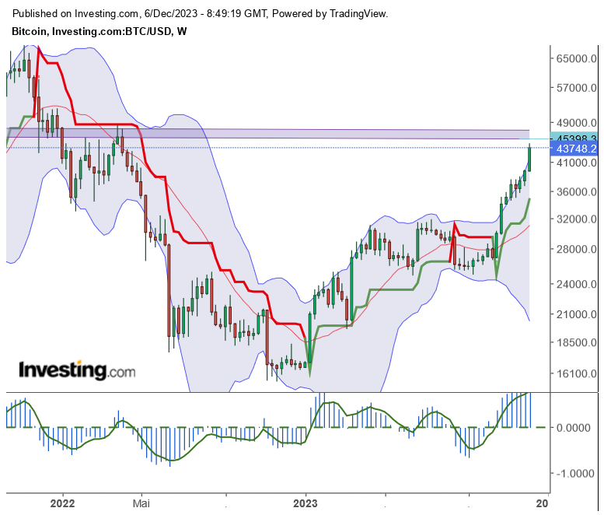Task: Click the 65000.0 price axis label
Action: click(576, 58)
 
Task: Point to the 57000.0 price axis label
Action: click(576, 88)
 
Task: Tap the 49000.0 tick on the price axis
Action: click(576, 122)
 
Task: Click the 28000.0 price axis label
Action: click(576, 249)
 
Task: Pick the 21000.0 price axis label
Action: click(576, 314)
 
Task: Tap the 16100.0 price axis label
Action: click(576, 373)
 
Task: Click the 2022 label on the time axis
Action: click(62, 503)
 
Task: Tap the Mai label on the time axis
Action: click(142, 503)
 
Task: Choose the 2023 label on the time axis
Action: click(306, 503)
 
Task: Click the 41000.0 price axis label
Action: click(576, 163)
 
